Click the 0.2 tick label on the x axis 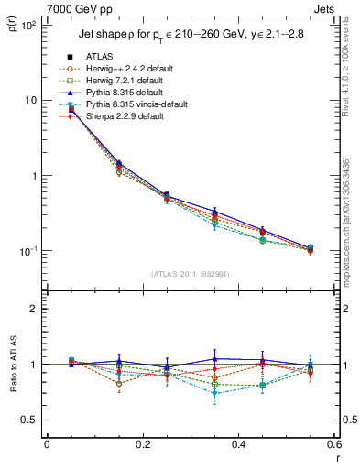tap(143, 445)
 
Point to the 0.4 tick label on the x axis tap(239, 445)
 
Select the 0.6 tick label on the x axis tap(333, 445)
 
